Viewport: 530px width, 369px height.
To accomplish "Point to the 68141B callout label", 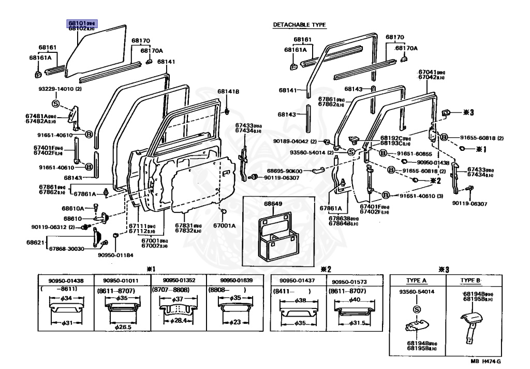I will pyautogui.click(x=228, y=92).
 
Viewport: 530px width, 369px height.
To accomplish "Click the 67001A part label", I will pyautogui.click(x=226, y=225).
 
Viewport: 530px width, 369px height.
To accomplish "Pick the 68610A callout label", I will pyautogui.click(x=73, y=208).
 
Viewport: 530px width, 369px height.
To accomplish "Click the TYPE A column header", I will pyautogui.click(x=417, y=280).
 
